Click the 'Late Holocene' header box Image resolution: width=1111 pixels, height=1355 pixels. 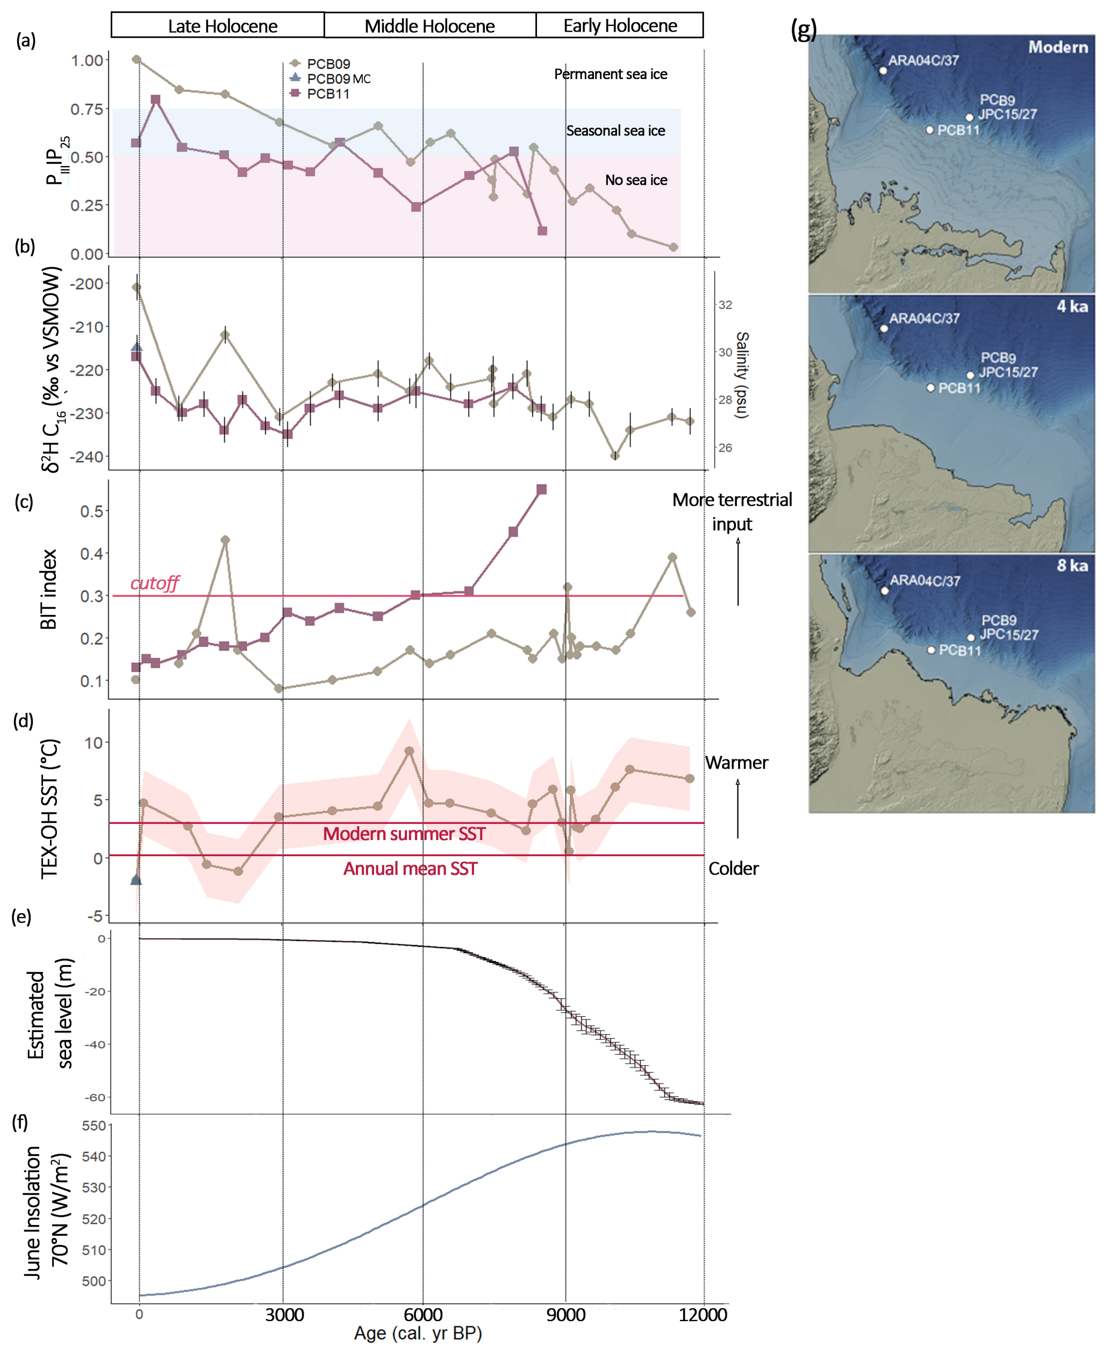218,26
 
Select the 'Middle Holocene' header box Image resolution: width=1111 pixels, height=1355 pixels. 429,26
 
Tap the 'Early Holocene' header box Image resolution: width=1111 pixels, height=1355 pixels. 620,26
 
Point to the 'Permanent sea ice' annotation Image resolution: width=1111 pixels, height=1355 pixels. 610,74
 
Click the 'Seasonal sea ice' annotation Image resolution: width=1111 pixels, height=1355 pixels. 615,131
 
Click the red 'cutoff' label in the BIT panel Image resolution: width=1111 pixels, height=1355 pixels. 154,583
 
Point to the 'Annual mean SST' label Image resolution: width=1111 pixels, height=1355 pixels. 410,869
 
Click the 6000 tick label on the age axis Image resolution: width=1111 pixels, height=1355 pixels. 423,1315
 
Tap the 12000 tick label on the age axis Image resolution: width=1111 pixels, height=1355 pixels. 703,1315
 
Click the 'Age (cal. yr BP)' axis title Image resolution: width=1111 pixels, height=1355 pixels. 418,1334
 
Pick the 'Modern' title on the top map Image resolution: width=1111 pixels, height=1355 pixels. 1057,47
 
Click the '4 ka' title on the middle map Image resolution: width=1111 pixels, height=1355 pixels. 1072,306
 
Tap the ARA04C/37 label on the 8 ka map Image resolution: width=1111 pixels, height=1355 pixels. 925,580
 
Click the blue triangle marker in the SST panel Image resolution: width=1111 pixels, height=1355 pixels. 135,880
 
